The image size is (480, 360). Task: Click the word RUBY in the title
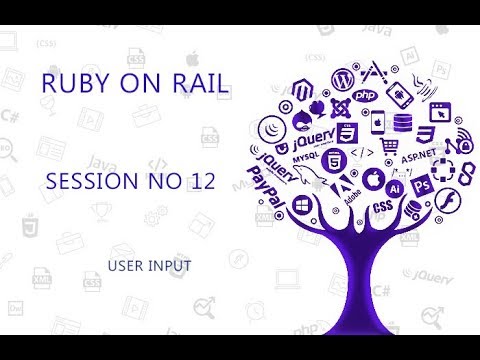pyautogui.click(x=67, y=86)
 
